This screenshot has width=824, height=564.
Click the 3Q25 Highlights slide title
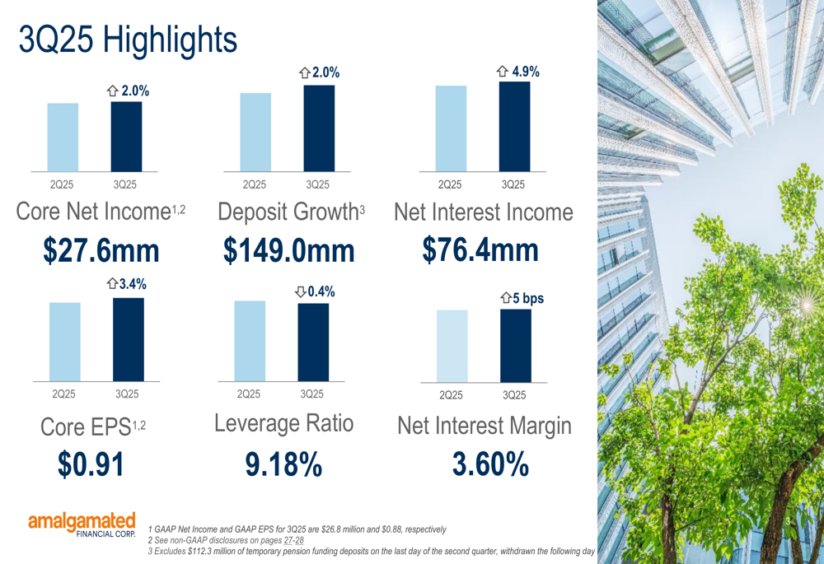tap(128, 40)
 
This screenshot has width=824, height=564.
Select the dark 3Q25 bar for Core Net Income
tap(126, 137)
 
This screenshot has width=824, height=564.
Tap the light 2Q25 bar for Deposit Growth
tap(255, 132)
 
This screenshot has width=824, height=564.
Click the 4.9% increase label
tap(518, 72)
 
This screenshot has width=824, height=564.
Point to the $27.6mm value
tap(101, 250)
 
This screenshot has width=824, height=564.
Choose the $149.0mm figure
tap(288, 250)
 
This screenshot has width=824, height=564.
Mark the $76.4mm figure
tap(480, 249)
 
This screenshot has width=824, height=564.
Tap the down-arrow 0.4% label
tap(315, 291)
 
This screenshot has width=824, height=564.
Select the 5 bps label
tap(522, 298)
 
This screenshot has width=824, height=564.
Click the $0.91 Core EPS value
tap(91, 464)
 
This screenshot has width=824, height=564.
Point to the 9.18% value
tap(283, 464)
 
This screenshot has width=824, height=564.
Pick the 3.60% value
tap(490, 464)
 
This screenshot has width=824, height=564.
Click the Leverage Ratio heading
tap(283, 423)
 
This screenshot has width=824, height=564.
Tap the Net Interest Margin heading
tap(484, 426)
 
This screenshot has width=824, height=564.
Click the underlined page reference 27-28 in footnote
tap(293, 540)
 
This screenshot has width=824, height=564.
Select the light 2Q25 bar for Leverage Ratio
tap(250, 341)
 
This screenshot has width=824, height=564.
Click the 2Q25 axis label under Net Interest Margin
tap(451, 395)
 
